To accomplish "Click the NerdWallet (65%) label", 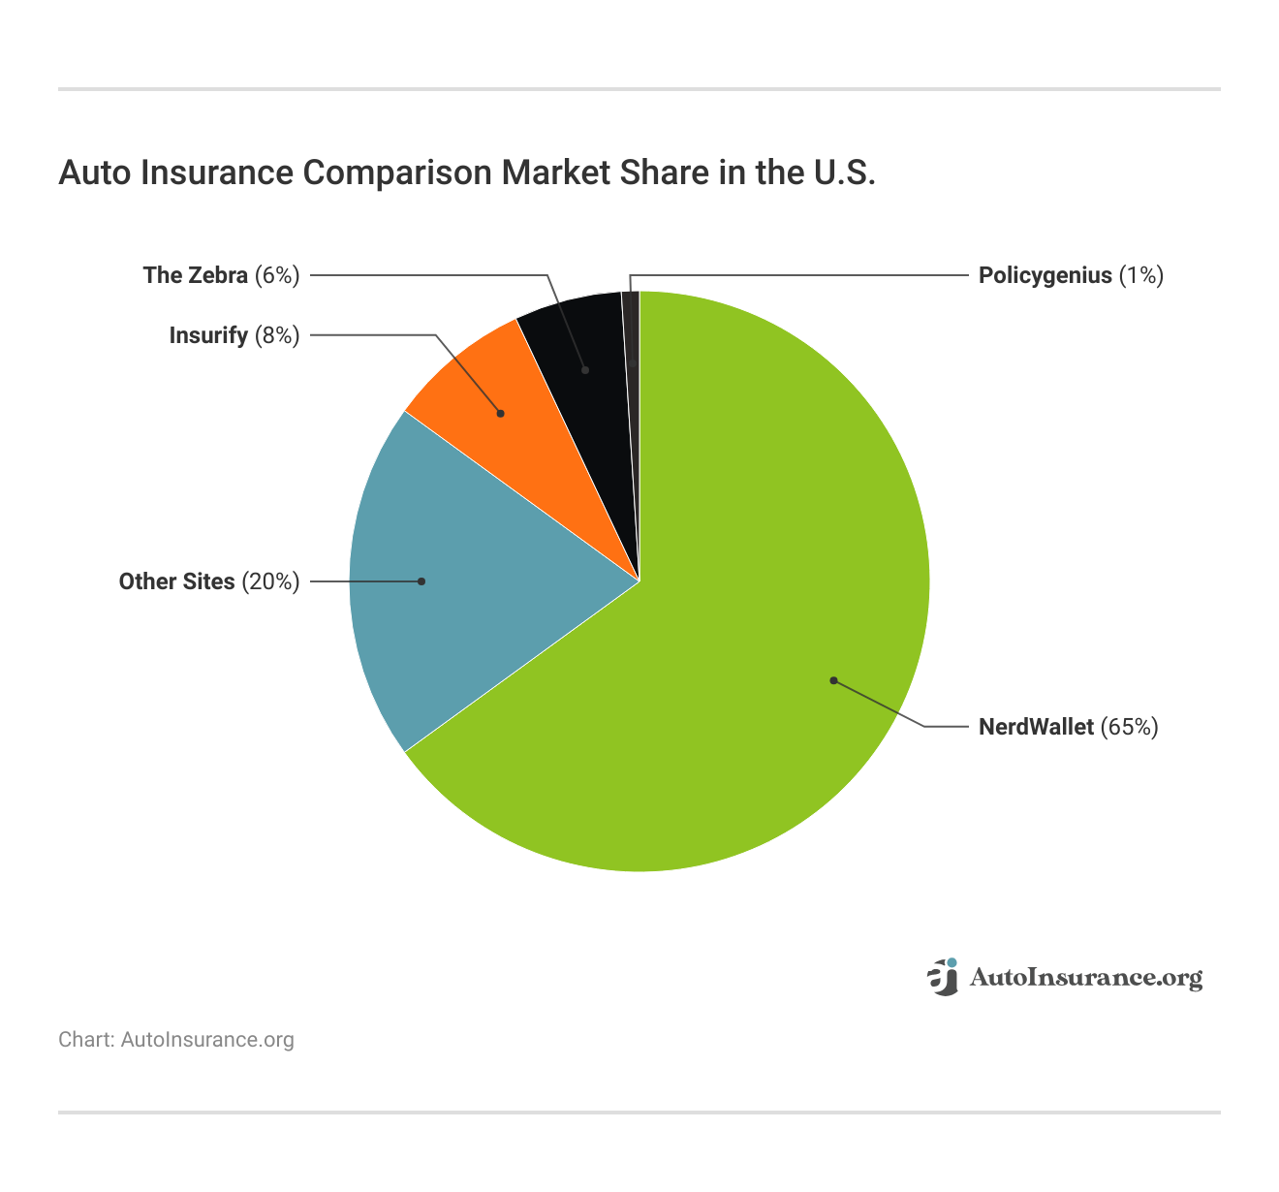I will point(1068,727).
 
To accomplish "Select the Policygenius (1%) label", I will point(1070,275).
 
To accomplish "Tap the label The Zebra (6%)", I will point(221,275).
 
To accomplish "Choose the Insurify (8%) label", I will point(234,335).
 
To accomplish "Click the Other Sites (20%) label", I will point(208,581).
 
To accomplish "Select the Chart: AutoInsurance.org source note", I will point(175,1040).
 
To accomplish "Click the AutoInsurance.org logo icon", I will point(943,977).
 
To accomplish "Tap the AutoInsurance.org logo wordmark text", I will point(1085,978).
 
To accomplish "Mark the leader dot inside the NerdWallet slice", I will point(833,680).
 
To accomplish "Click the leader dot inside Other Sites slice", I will point(421,581).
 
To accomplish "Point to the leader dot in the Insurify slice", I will point(501,414).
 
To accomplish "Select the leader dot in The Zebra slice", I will point(585,370).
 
